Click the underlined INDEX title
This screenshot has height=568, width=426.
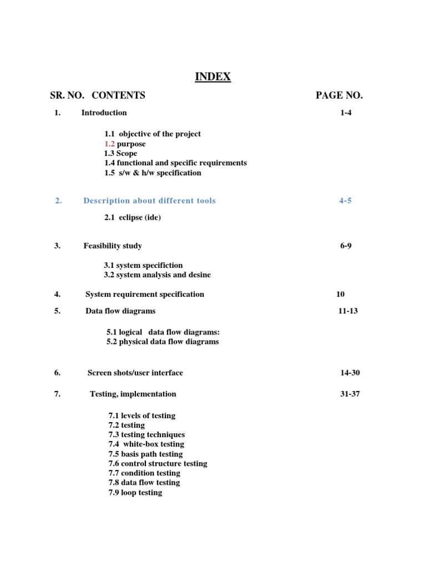coord(212,77)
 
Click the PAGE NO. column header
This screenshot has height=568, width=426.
coord(339,95)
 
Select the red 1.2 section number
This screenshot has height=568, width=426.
coord(109,144)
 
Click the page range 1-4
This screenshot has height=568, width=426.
coord(346,113)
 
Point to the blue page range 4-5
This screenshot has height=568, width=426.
coord(345,201)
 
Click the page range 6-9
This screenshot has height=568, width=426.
coord(346,246)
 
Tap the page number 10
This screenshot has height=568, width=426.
coord(340,294)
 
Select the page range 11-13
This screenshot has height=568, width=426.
coord(348,311)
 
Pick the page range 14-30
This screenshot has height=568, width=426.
coord(350,373)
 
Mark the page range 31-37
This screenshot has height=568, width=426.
coord(350,394)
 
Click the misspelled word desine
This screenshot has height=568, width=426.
coord(199,275)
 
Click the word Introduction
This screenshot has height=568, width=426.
coord(104,113)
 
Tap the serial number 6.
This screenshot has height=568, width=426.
coord(57,373)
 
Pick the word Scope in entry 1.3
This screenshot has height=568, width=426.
coord(126,153)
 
